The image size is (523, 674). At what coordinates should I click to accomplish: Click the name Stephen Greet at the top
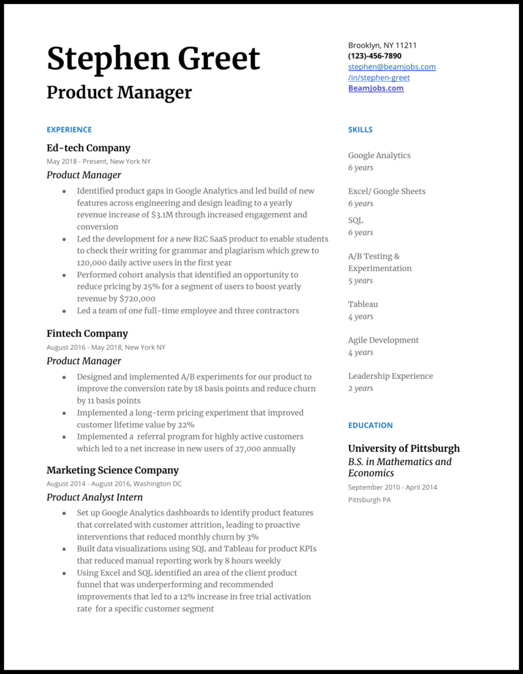[153, 59]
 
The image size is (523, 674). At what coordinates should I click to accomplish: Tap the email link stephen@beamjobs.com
[392, 67]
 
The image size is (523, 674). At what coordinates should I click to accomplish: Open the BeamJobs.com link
[375, 88]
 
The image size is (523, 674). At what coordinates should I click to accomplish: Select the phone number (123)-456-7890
[375, 56]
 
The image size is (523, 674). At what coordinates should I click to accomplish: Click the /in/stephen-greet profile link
[379, 78]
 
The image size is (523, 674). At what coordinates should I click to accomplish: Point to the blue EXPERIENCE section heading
[69, 129]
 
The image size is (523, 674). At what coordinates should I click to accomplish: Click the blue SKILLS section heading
[360, 129]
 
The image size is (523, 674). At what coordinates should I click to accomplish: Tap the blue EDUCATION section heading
[370, 425]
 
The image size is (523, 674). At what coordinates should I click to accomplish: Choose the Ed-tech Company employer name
[88, 148]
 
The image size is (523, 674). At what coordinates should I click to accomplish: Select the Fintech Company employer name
[87, 333]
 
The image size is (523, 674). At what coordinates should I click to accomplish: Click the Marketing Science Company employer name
[112, 470]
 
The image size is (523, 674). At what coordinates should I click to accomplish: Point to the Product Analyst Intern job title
[95, 497]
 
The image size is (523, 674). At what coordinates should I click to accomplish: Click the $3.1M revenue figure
[163, 215]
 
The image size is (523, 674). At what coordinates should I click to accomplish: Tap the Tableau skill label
[363, 304]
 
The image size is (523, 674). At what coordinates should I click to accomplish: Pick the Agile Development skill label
[383, 340]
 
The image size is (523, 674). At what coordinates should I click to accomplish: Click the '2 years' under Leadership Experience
[360, 388]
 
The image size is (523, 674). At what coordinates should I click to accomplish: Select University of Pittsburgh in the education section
[403, 449]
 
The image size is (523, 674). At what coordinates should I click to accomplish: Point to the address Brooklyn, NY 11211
[382, 46]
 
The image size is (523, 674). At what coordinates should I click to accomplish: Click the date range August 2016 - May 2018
[83, 347]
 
